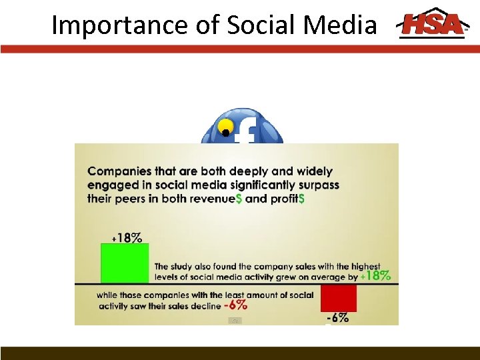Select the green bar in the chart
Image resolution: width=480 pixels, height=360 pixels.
[x=125, y=263]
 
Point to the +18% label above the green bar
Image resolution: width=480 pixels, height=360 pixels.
[x=127, y=237]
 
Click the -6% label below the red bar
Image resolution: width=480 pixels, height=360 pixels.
[x=337, y=318]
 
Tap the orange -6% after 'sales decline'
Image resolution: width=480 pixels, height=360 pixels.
[x=235, y=305]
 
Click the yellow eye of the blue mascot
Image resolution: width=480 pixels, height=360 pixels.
[x=227, y=127]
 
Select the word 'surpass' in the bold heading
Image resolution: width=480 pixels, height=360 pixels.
[x=317, y=185]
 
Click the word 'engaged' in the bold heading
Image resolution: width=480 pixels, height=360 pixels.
[x=110, y=185]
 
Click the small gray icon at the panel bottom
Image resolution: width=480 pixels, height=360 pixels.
[x=235, y=321]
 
